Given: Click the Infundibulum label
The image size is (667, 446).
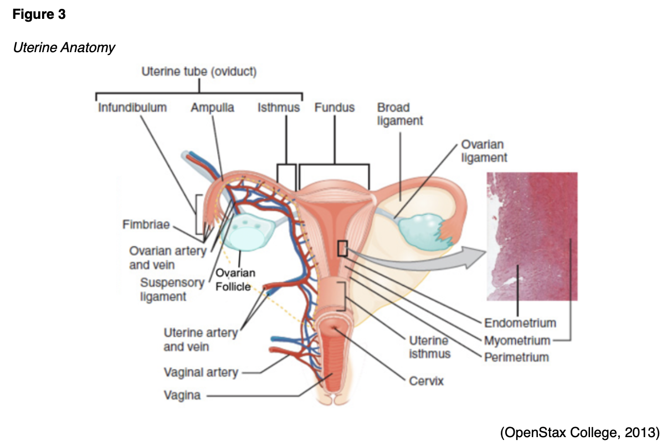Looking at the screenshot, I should click(x=132, y=108).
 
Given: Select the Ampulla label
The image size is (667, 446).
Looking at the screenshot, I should click(x=212, y=108).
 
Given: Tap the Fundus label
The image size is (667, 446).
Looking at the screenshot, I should click(x=335, y=108).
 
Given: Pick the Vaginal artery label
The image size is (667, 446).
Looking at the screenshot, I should click(x=201, y=372).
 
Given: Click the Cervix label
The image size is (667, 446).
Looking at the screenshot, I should click(x=427, y=381).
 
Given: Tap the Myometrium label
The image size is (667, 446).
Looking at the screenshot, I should click(x=517, y=340).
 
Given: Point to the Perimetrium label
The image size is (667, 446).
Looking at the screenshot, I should click(x=516, y=357).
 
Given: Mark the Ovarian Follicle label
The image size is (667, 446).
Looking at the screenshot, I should click(x=235, y=280).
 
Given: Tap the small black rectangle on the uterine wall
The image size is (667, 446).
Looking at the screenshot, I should click(x=342, y=248).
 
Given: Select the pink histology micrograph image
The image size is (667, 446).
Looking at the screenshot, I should click(x=531, y=236).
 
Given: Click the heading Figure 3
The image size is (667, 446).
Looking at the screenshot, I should click(x=39, y=15).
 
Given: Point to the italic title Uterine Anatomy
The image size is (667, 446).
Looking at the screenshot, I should click(x=64, y=48).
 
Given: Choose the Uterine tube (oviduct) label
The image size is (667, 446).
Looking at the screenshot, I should click(x=199, y=72).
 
